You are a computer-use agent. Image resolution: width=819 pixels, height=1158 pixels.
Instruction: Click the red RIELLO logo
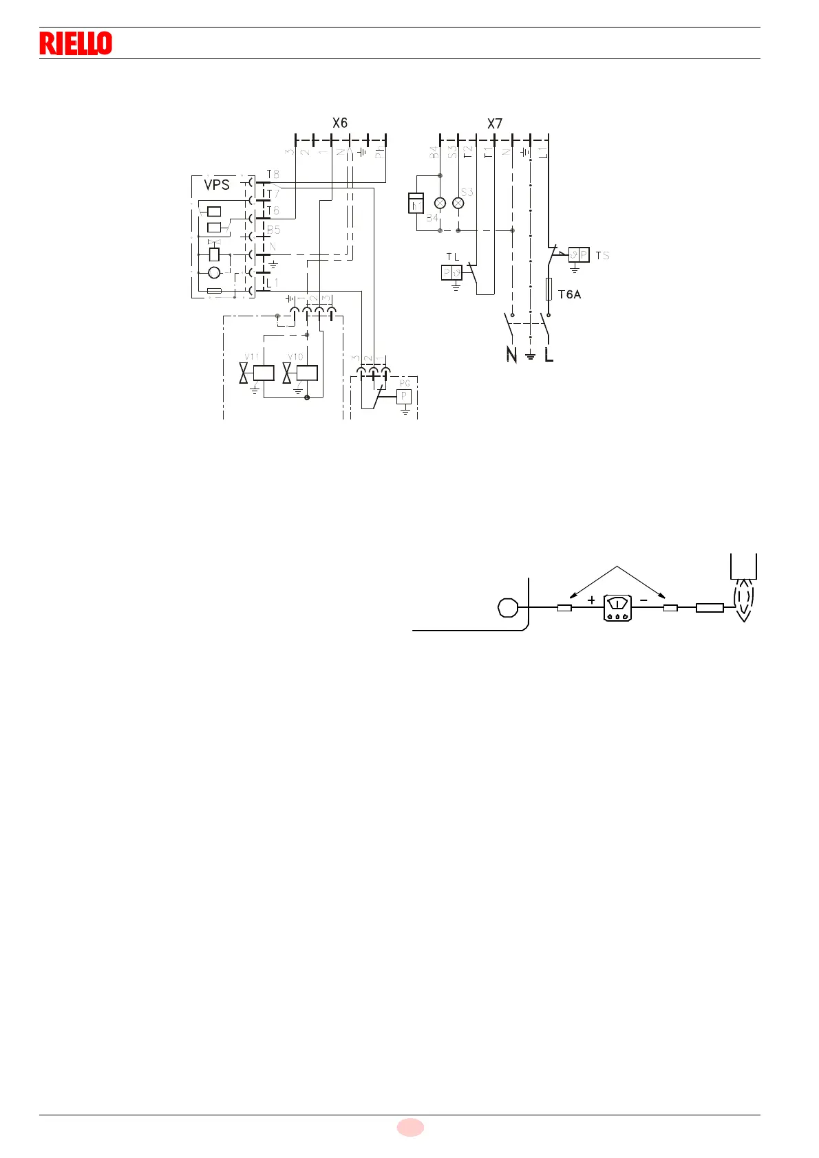(x=76, y=43)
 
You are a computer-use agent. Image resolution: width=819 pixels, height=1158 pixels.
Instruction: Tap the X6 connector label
(x=340, y=123)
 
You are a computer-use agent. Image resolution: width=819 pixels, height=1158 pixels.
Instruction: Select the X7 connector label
(x=495, y=124)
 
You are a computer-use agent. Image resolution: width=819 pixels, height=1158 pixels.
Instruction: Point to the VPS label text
(x=217, y=185)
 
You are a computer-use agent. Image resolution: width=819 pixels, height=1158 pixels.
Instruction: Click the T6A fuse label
(x=569, y=294)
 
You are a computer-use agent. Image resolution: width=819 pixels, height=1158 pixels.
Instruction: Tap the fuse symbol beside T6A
(x=549, y=289)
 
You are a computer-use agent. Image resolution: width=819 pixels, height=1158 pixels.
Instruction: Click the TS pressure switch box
(x=579, y=255)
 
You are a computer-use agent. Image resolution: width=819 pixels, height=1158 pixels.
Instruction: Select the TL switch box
(x=451, y=273)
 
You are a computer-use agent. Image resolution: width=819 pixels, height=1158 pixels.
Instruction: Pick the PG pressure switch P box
(x=405, y=397)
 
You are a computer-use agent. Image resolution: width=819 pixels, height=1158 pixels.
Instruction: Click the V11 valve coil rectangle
(x=264, y=373)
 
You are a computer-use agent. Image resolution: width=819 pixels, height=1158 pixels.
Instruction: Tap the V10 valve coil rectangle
(x=307, y=373)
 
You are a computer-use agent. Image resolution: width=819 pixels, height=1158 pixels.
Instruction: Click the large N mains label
(x=511, y=355)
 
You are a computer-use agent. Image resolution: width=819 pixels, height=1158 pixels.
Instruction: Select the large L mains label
(x=549, y=355)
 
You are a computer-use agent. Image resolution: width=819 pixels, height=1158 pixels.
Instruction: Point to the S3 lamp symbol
(x=458, y=204)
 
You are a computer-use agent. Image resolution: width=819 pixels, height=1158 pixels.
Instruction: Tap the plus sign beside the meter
(x=592, y=600)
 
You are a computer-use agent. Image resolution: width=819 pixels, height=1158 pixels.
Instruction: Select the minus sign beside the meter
(x=643, y=600)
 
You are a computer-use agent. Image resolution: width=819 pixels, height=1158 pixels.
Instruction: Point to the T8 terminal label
(x=273, y=175)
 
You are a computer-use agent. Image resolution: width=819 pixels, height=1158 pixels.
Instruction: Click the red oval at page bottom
(x=410, y=1127)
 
